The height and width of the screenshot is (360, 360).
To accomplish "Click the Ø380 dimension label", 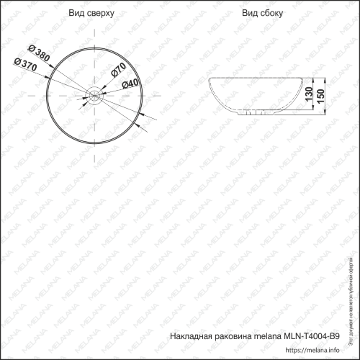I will pyautogui.click(x=37, y=51).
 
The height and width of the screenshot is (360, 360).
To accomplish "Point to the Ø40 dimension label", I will pyautogui.click(x=130, y=84).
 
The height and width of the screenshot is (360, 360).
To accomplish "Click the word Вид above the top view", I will pyautogui.click(x=77, y=14).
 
